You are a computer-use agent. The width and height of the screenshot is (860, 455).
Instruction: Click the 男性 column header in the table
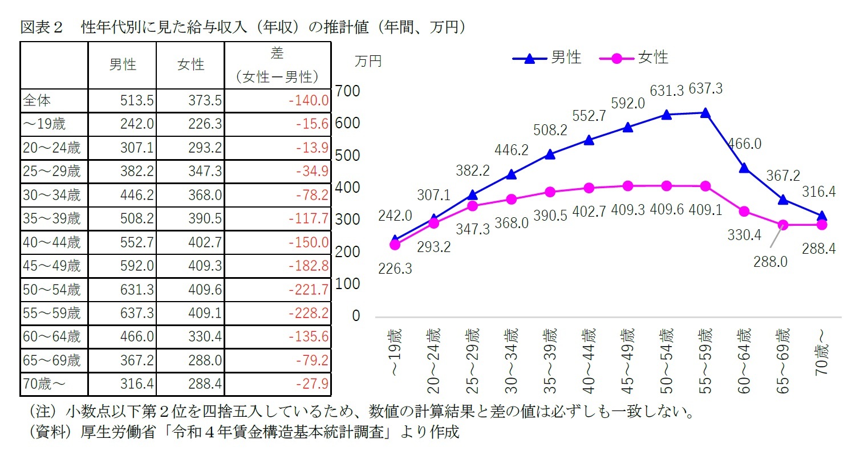click(122, 65)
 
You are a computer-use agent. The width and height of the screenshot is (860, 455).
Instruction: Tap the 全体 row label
click(37, 101)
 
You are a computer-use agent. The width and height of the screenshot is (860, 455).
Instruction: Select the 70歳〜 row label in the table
click(43, 384)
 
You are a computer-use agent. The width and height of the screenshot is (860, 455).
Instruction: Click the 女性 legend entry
click(635, 58)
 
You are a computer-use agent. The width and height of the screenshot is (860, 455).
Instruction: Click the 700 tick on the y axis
click(348, 91)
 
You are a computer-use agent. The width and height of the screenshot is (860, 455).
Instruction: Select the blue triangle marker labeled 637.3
click(705, 113)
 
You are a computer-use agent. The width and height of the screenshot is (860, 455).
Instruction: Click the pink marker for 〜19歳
click(395, 245)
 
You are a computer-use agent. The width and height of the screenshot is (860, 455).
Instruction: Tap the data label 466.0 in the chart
click(745, 144)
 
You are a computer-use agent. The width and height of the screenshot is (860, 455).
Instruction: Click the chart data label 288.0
click(770, 262)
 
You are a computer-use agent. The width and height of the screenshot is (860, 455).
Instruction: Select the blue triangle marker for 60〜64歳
click(744, 168)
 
